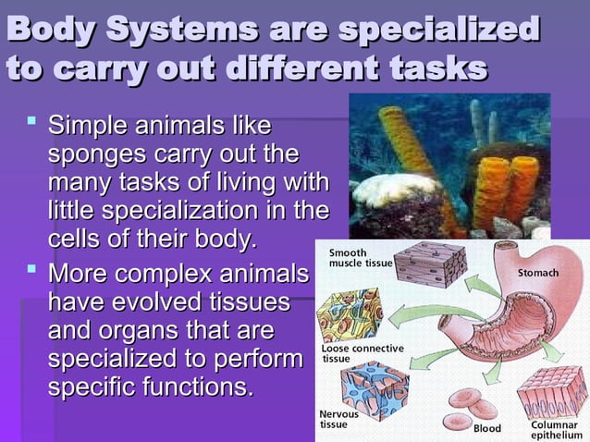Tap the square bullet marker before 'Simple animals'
(x=31, y=119)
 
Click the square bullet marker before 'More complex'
(x=31, y=271)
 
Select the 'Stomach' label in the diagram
(x=537, y=275)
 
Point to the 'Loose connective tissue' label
(x=362, y=353)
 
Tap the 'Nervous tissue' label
(x=339, y=419)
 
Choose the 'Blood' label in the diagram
(x=486, y=429)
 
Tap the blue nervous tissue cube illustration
(x=374, y=387)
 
